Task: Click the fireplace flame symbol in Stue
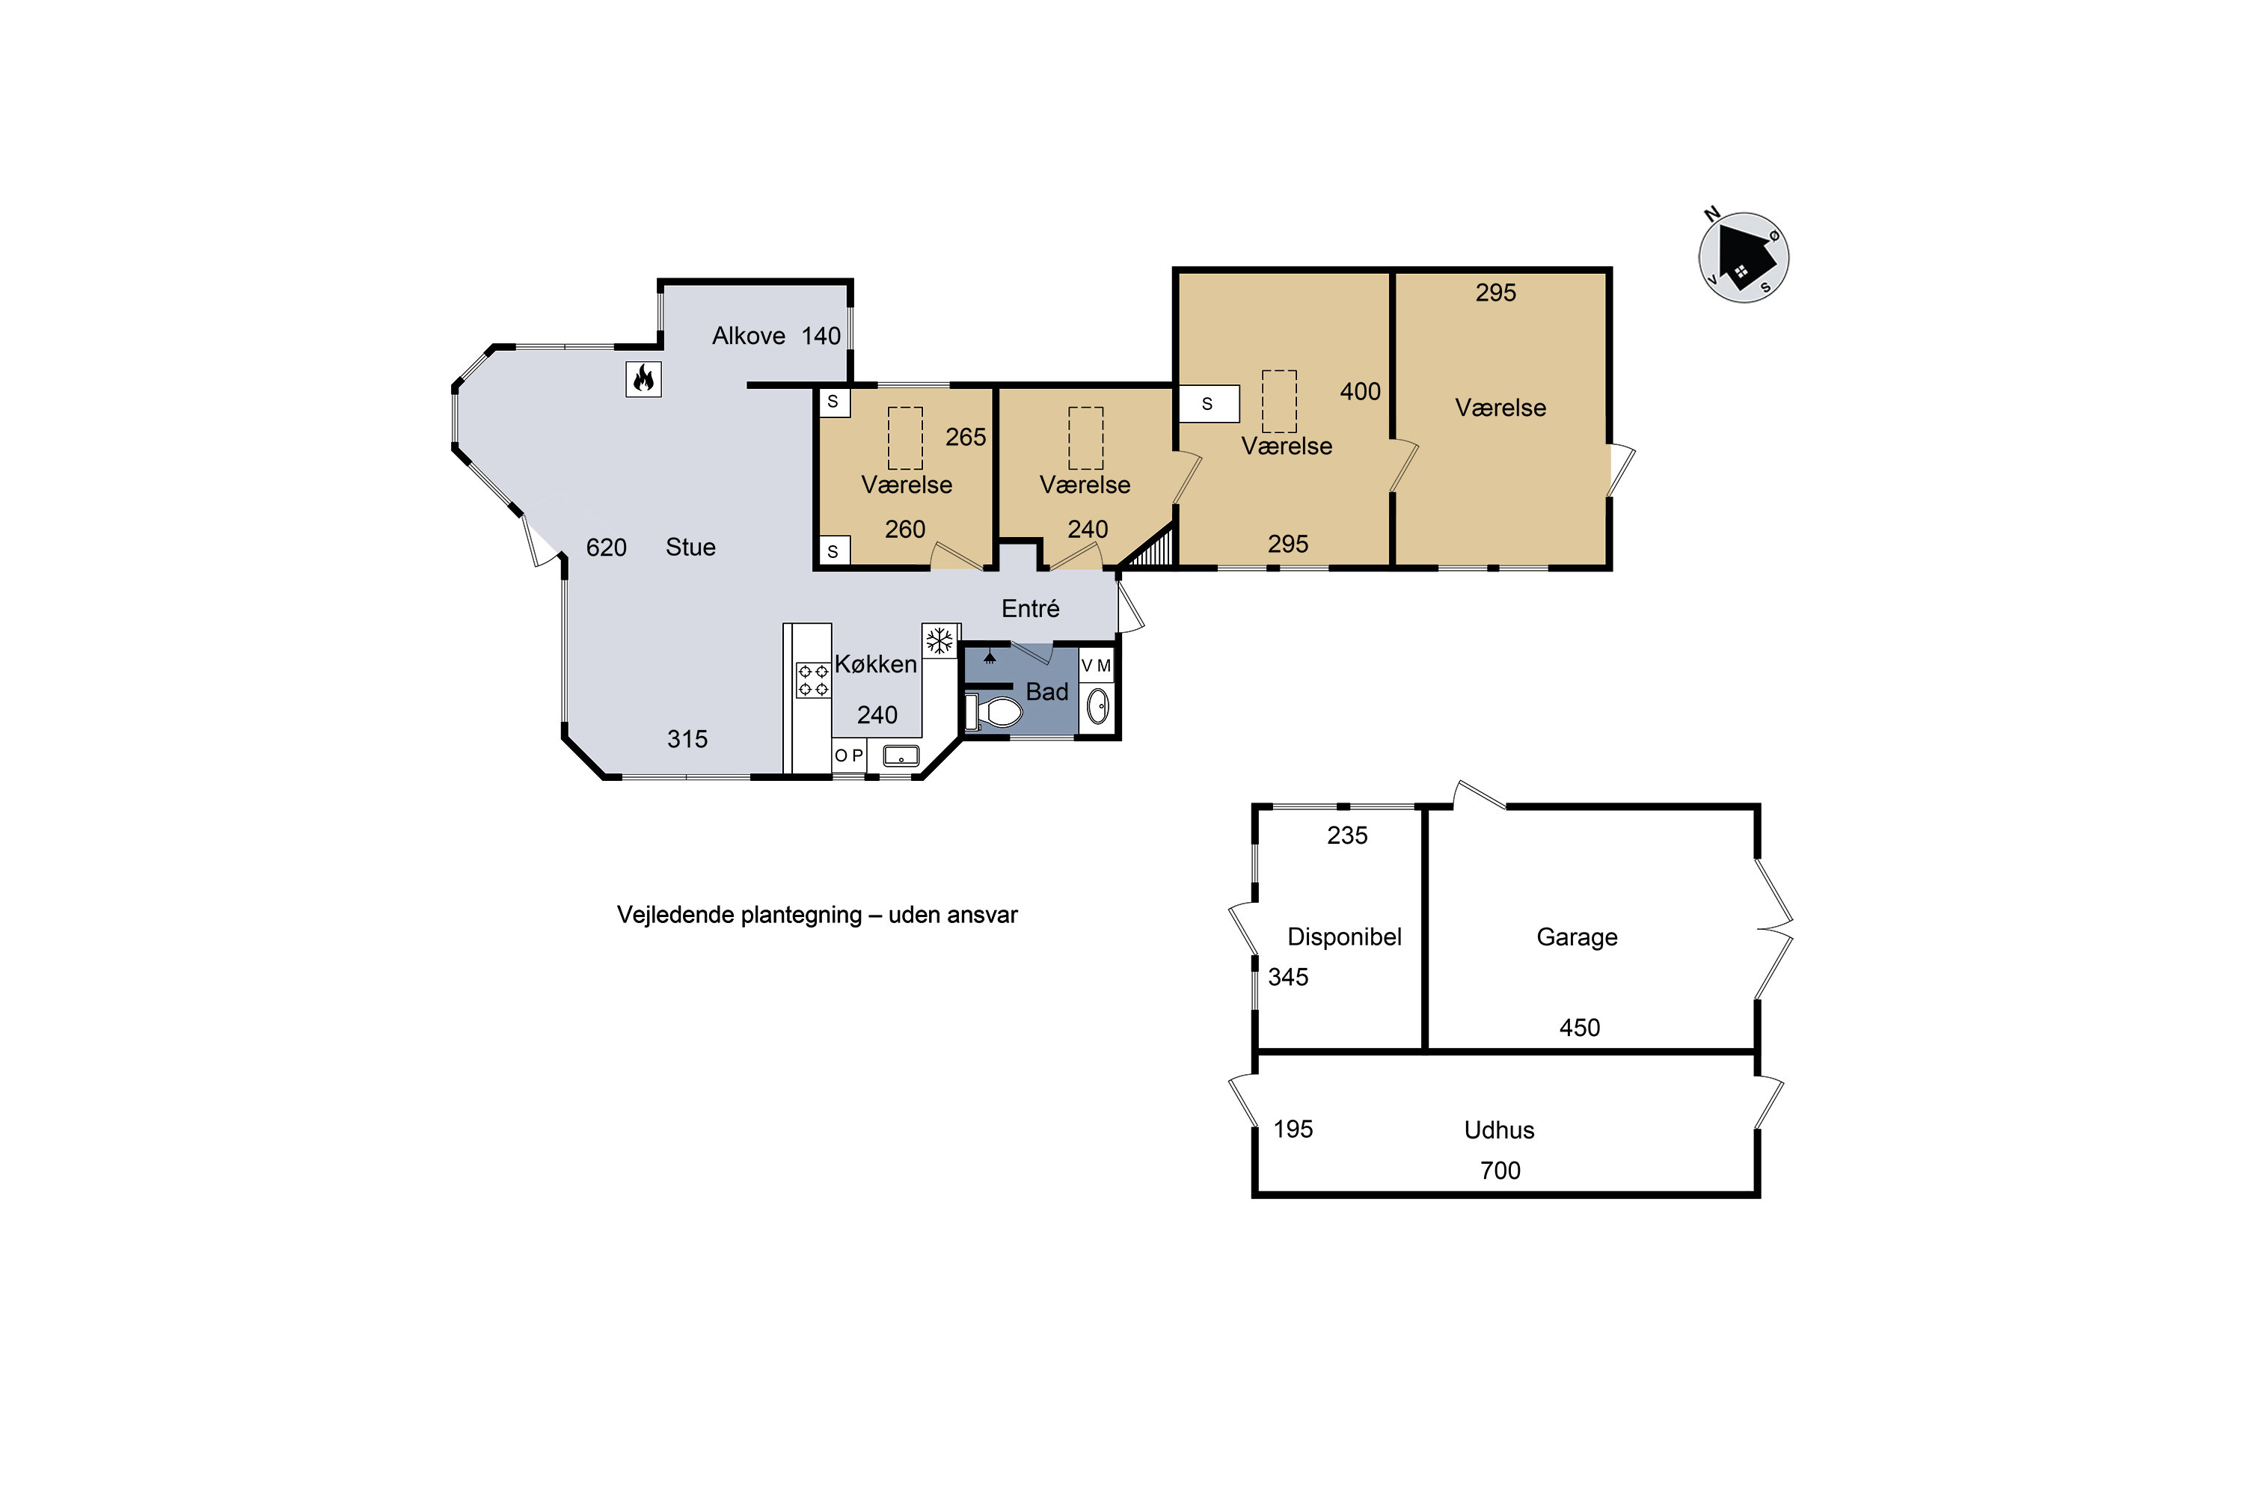tap(644, 378)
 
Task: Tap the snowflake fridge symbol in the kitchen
tap(939, 641)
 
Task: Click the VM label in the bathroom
tap(1097, 666)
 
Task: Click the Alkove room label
tap(749, 336)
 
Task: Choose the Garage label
tap(1577, 937)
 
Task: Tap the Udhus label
tap(1500, 1130)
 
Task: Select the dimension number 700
tap(1500, 1171)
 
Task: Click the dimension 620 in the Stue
tap(607, 548)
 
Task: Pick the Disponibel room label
tap(1344, 937)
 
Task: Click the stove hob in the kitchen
tap(813, 680)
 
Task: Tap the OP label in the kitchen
tap(849, 755)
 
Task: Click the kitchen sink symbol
tap(901, 756)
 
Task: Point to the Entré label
tap(1031, 609)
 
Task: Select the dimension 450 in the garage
tap(1580, 1028)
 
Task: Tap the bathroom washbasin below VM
tap(1098, 706)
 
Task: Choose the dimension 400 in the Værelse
tap(1361, 392)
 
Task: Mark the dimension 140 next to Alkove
tap(821, 336)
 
